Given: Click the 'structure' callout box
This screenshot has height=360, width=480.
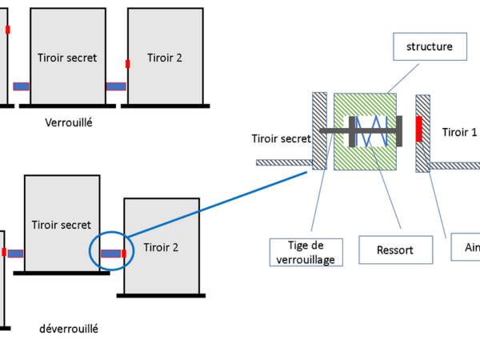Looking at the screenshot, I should [430, 47].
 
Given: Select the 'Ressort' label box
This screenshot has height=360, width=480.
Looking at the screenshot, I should [394, 250].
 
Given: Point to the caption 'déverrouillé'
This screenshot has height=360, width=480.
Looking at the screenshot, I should [68, 328].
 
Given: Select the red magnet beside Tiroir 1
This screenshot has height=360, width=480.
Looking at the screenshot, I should [418, 130].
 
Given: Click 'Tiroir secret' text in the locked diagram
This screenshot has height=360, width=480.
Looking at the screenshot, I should [67, 58].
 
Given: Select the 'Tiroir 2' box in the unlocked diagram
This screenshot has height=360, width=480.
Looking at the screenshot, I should [161, 247].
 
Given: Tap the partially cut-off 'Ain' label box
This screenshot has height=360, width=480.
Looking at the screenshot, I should [467, 248].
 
